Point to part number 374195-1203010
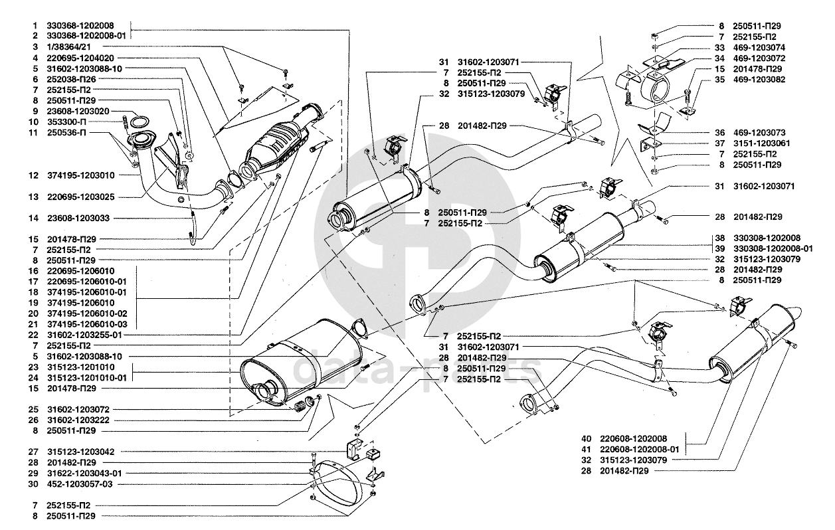(x=81, y=176)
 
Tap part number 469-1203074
(x=759, y=48)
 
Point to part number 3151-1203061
(x=759, y=143)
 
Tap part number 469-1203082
(x=759, y=80)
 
